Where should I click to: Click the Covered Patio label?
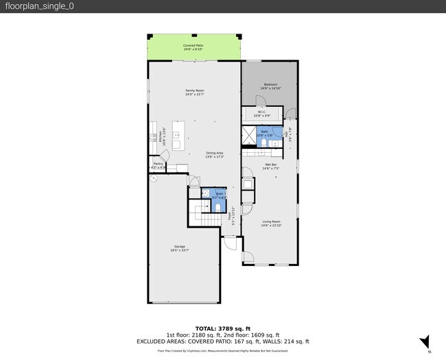tap(193, 47)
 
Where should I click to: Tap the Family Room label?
tap(195, 92)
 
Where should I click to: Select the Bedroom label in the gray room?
tap(270, 86)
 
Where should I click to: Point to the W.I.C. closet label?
tap(261, 113)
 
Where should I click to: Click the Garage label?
tap(179, 248)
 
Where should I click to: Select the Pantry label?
tap(159, 165)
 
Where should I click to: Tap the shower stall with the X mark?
tap(248, 134)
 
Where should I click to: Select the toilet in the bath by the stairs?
tap(218, 206)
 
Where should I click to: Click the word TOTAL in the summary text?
tap(206, 328)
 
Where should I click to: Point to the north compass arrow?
tap(425, 341)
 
